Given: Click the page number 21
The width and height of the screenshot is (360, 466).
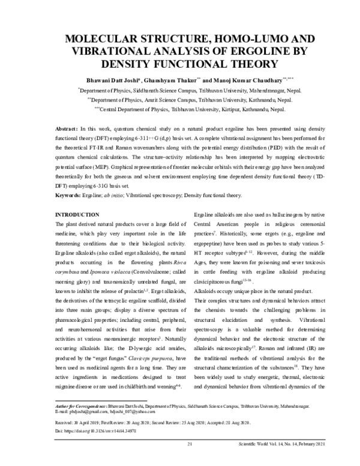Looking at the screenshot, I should pos(190,444).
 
